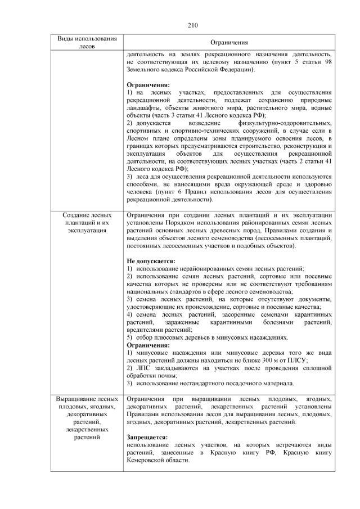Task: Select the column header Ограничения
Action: pyautogui.click(x=228, y=42)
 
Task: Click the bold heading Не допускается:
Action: pyautogui.click(x=151, y=261)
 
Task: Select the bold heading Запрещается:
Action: pyautogui.click(x=147, y=436)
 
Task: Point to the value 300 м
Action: pyautogui.click(x=268, y=360)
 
